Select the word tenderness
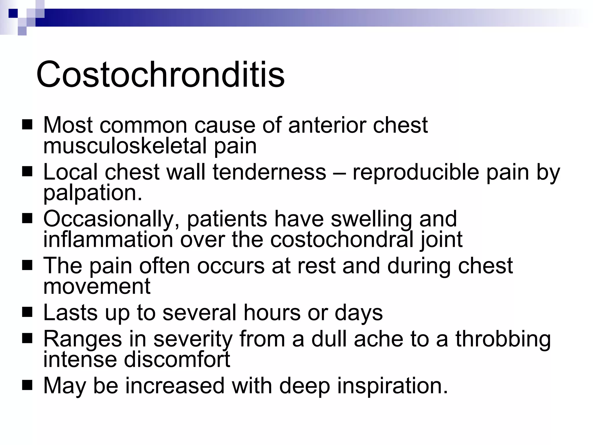click(269, 172)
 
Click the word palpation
click(93, 193)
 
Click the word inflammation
click(108, 240)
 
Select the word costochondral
click(342, 240)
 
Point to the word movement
click(97, 286)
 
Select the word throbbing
click(503, 339)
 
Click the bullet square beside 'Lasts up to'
click(27, 313)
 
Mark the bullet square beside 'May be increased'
click(27, 386)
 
